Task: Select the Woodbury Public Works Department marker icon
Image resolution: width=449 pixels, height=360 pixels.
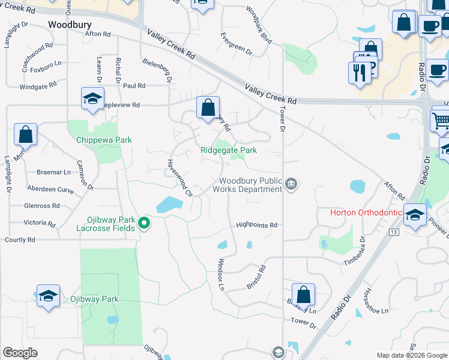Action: tap(291, 183)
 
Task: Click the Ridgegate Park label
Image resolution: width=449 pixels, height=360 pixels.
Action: tap(229, 150)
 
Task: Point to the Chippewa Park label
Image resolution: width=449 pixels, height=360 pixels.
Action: tap(104, 140)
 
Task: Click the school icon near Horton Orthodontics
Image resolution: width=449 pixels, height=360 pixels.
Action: tap(415, 214)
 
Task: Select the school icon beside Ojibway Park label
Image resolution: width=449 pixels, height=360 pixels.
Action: tap(48, 296)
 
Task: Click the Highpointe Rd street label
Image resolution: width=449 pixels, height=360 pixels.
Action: tap(256, 225)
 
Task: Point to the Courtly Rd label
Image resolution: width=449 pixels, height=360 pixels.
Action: tap(20, 239)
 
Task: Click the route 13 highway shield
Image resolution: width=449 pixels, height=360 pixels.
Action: tap(394, 232)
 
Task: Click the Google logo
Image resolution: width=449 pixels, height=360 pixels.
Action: tap(20, 353)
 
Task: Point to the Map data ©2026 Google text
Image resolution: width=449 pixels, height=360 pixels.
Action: tap(411, 355)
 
